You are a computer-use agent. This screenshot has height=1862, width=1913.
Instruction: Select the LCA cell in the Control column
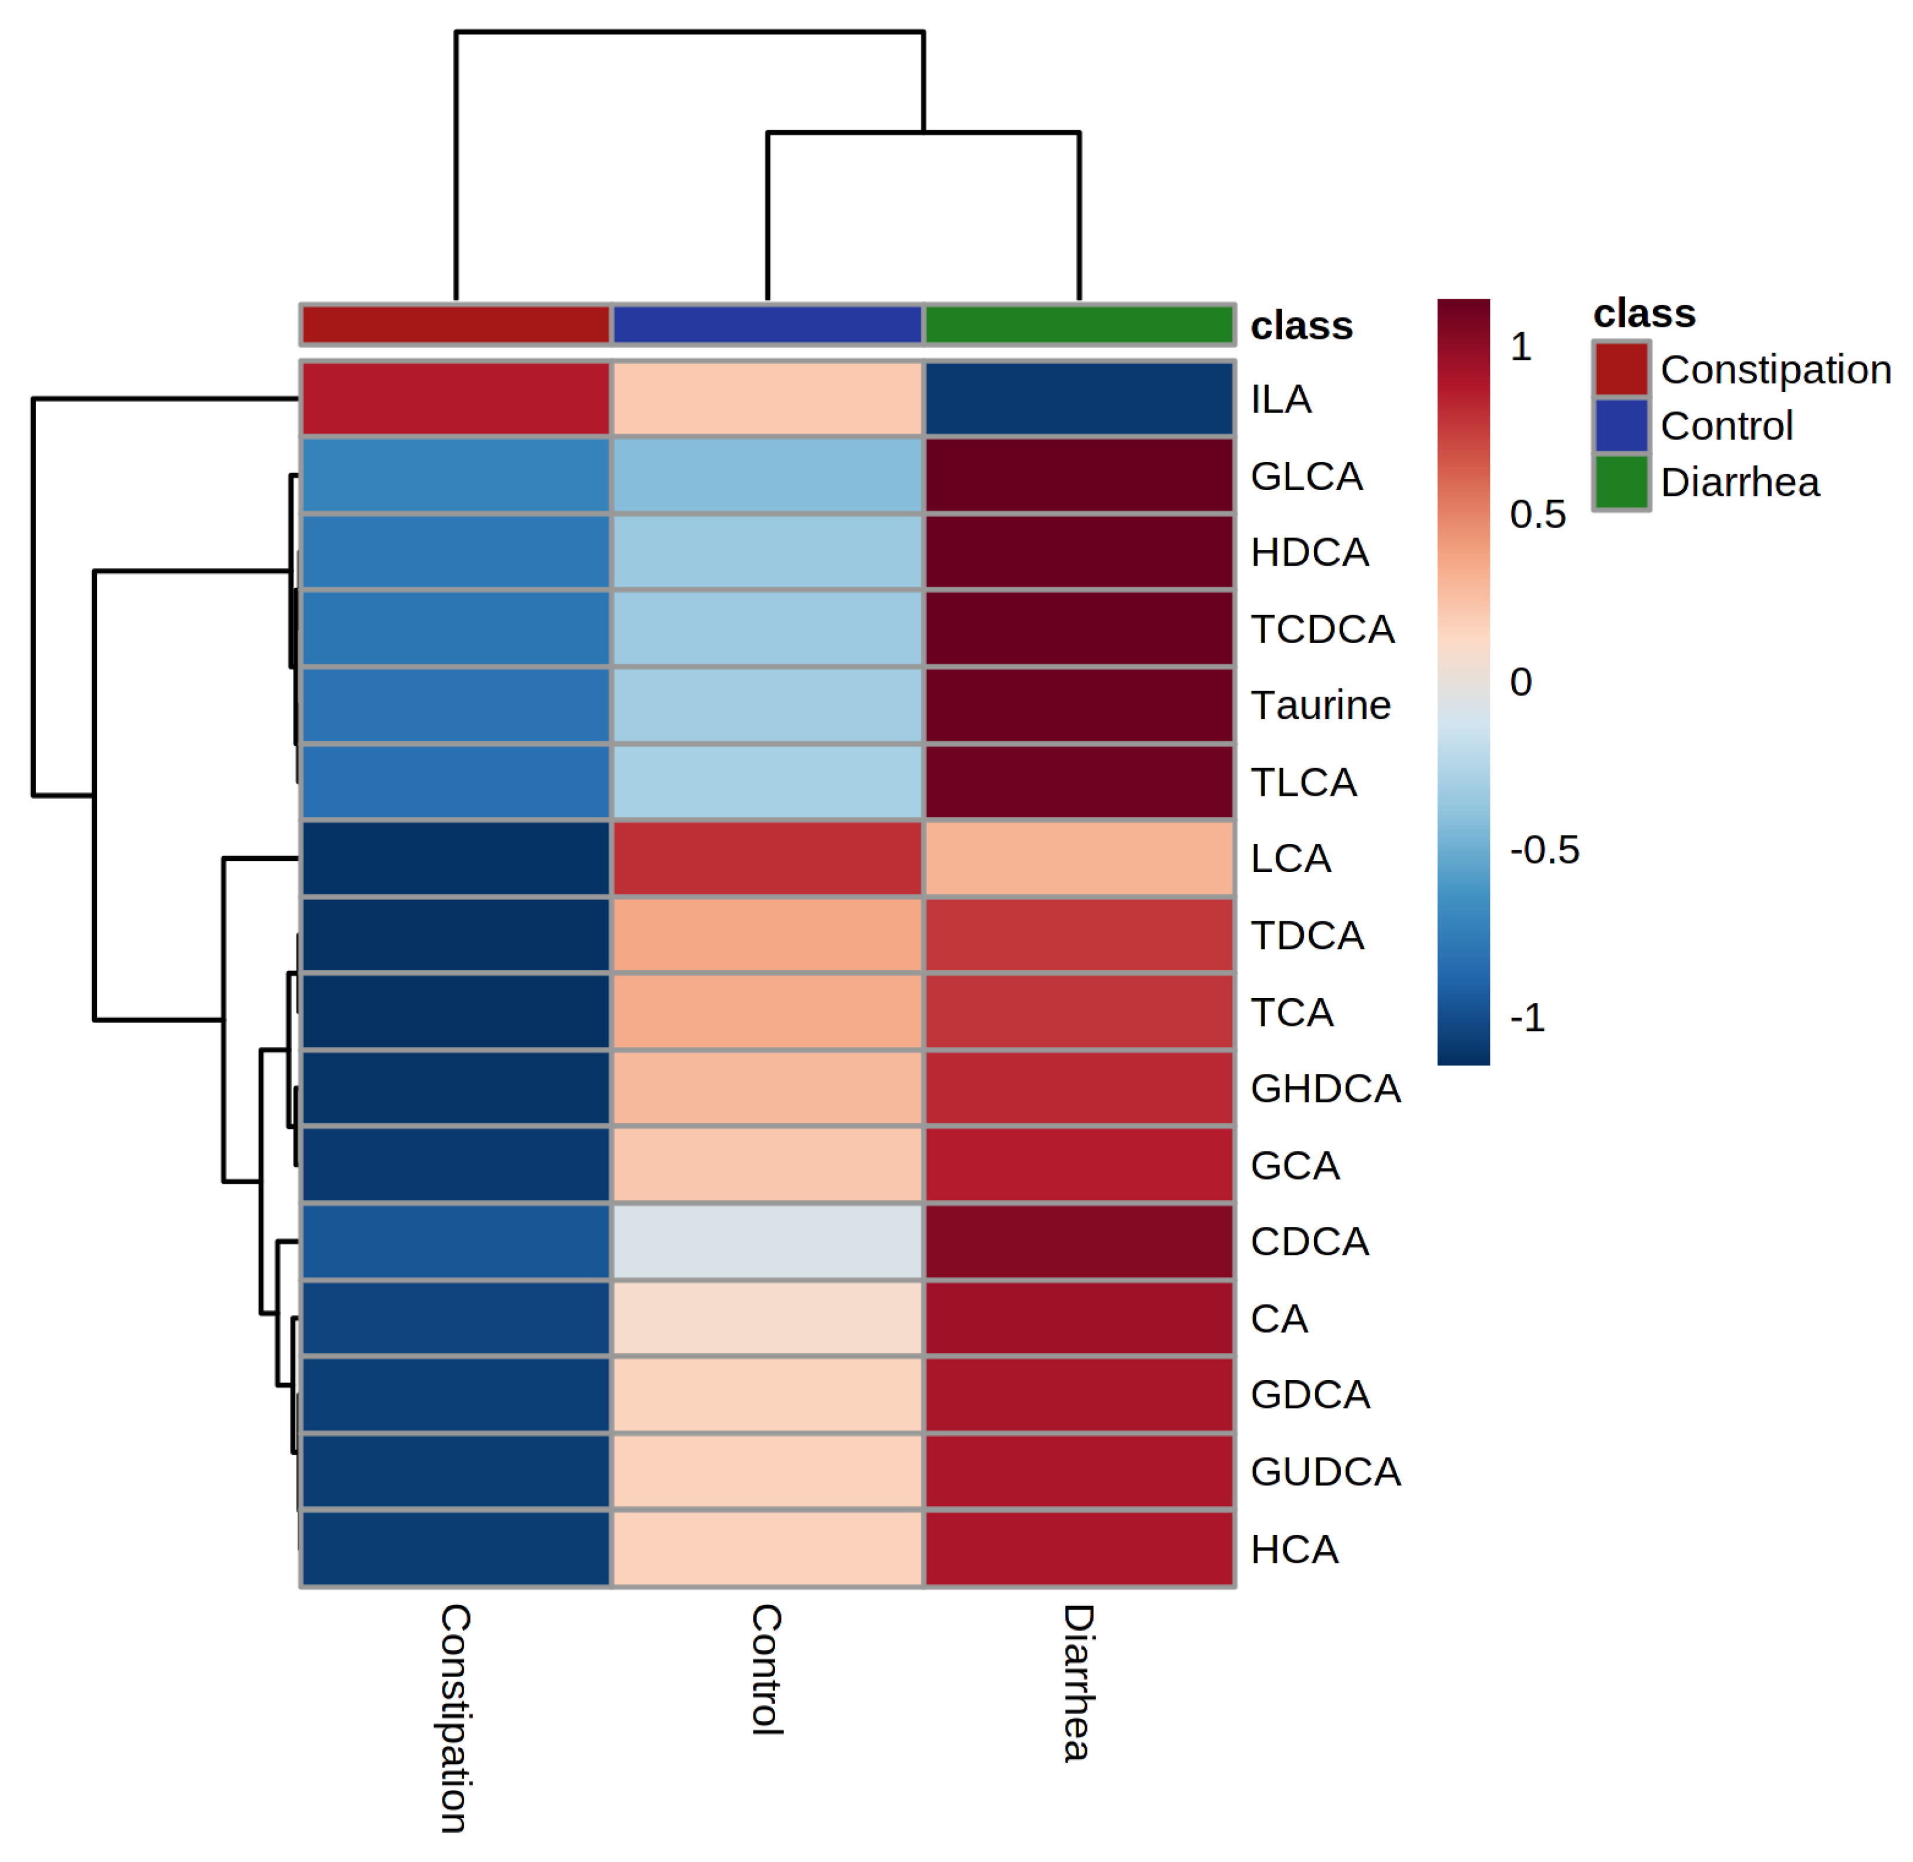tap(767, 858)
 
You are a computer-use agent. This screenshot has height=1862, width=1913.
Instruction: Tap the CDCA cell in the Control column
tap(767, 1241)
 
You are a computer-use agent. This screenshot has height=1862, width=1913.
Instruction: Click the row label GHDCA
tap(1325, 1089)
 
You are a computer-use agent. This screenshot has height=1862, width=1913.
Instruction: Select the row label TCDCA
tap(1322, 629)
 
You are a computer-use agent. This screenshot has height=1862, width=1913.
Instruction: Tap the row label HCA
tap(1294, 1549)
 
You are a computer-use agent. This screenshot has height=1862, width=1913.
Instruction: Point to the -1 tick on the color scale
tap(1527, 1018)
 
